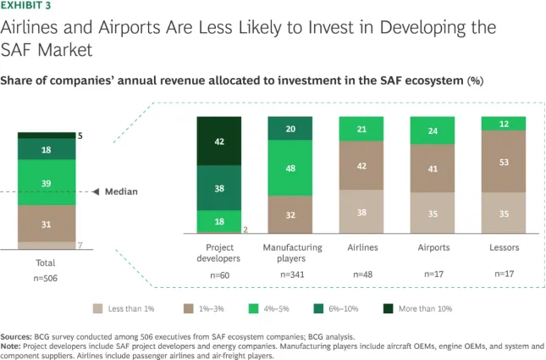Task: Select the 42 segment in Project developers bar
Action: pyautogui.click(x=220, y=142)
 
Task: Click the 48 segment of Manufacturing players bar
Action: pyautogui.click(x=291, y=168)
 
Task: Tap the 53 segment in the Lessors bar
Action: pyautogui.click(x=504, y=162)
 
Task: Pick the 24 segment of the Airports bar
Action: pyautogui.click(x=433, y=130)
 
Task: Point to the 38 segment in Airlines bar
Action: pyautogui.click(x=362, y=212)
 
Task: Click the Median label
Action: pyautogui.click(x=121, y=191)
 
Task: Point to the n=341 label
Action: pyautogui.click(x=291, y=275)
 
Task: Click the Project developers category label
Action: pyautogui.click(x=220, y=252)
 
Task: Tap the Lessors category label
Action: pyautogui.click(x=504, y=247)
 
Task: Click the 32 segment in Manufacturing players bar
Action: pyautogui.click(x=291, y=214)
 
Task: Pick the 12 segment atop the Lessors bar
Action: pyautogui.click(x=504, y=124)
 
